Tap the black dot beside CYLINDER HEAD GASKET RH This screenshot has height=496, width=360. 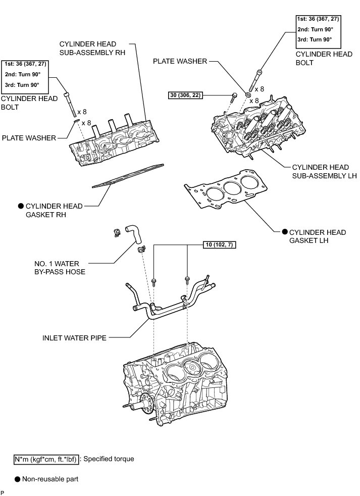pyautogui.click(x=21, y=206)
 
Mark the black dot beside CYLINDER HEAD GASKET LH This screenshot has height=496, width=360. pyautogui.click(x=285, y=232)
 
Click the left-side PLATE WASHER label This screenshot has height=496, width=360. pyautogui.click(x=29, y=137)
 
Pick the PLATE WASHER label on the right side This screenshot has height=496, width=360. pyautogui.click(x=180, y=62)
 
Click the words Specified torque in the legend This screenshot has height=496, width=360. pyautogui.click(x=109, y=459)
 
